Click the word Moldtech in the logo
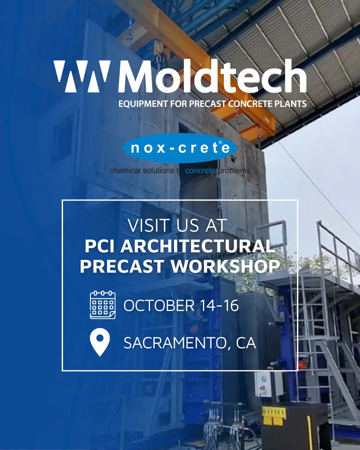[212, 76]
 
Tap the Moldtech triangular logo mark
[82, 76]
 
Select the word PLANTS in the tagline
[291, 104]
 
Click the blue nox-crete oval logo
[180, 148]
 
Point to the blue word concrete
[200, 171]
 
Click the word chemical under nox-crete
[125, 171]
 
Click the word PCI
[100, 246]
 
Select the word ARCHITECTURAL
[198, 246]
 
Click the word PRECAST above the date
[122, 266]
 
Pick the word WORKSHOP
[225, 266]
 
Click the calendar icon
[102, 305]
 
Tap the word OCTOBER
[159, 306]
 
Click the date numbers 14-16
[219, 306]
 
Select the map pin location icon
[100, 342]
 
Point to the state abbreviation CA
[246, 343]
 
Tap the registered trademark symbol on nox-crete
[220, 142]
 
